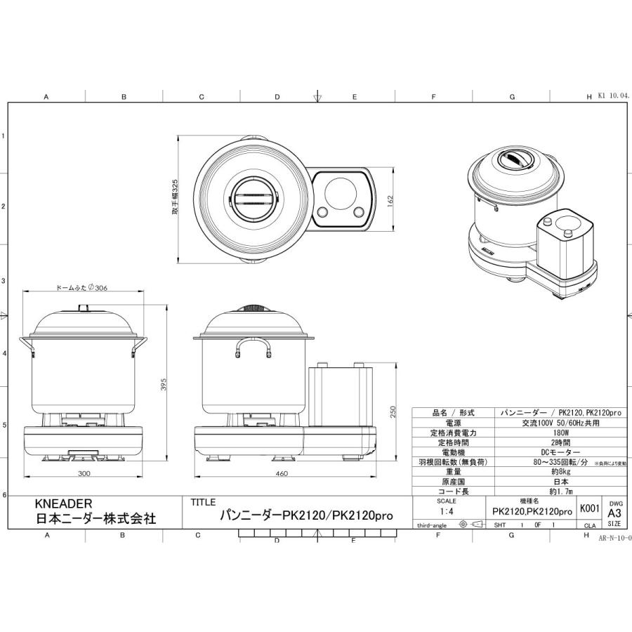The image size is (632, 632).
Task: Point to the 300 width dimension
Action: coord(84,474)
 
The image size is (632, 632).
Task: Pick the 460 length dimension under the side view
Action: coord(281,474)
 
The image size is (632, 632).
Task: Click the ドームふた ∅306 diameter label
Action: coord(80,288)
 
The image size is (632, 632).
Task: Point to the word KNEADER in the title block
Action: coord(63,503)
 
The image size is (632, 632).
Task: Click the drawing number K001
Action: coord(589,508)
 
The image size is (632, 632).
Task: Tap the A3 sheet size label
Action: coord(614,513)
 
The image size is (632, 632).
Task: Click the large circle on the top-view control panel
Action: coord(341,190)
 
